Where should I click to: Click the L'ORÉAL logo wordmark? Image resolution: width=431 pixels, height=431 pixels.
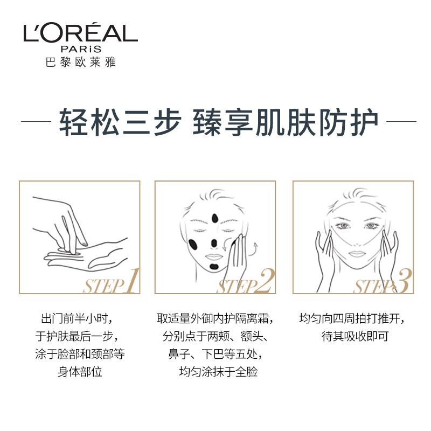coord(80,33)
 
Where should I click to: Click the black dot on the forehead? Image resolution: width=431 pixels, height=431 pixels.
coord(215,218)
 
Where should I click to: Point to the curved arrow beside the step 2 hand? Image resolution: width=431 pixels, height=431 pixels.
coord(252,247)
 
